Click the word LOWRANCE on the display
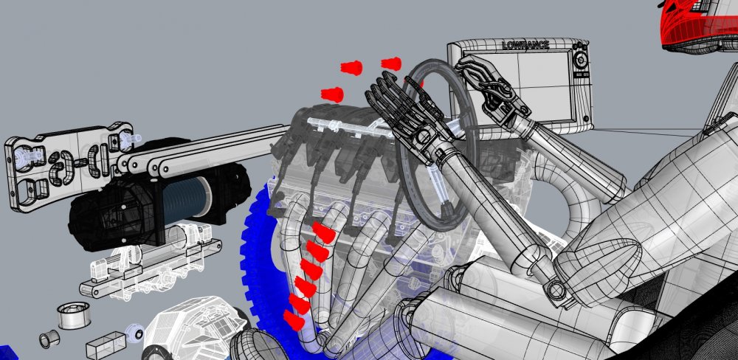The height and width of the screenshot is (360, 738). [x=525, y=45]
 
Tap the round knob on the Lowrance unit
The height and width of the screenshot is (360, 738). [x=582, y=60]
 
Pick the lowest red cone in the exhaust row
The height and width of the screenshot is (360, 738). [x=294, y=320]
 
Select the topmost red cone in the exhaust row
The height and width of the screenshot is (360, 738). [x=324, y=232]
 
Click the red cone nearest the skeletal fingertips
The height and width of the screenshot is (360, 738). [x=391, y=63]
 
